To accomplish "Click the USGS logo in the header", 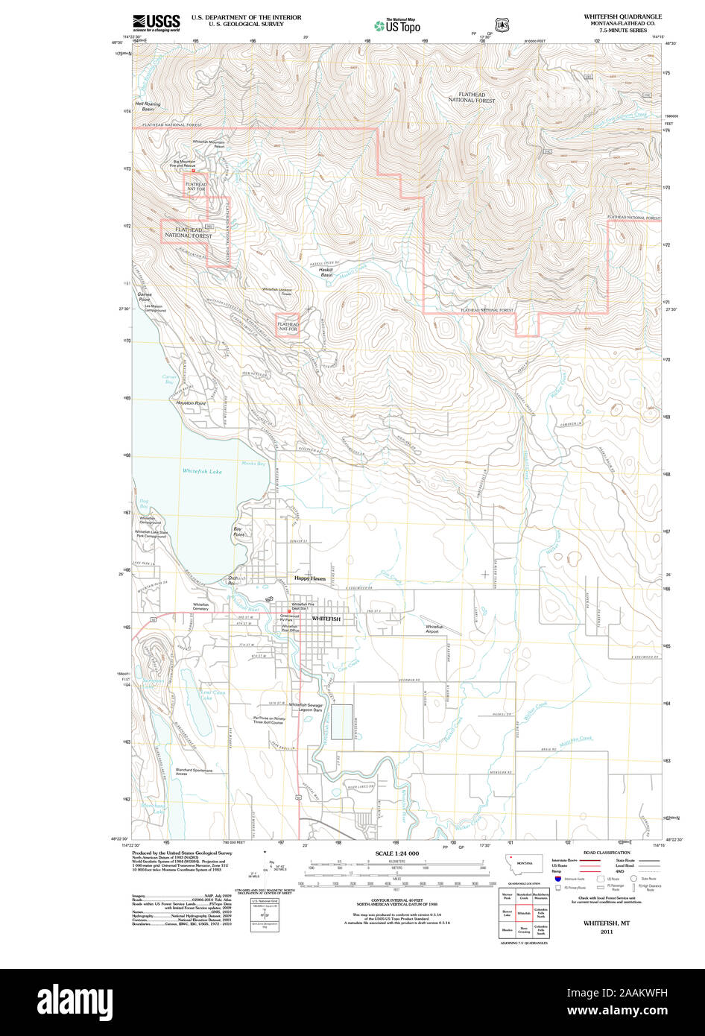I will (156, 23).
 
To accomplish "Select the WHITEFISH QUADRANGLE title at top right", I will (622, 16).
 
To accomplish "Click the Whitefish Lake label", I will (202, 471).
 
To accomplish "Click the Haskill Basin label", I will (326, 273).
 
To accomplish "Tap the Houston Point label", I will (190, 403).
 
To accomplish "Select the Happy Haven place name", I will (309, 578).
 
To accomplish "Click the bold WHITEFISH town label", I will (326, 619).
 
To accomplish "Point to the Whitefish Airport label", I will (434, 629).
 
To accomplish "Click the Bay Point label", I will (238, 531).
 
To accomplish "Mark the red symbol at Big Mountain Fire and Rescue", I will (193, 170).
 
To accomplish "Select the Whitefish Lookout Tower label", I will (276, 291).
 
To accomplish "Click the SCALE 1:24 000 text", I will (396, 853).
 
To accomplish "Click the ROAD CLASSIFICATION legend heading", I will (606, 853).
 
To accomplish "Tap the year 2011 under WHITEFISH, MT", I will (607, 930).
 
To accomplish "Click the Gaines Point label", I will (144, 297).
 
